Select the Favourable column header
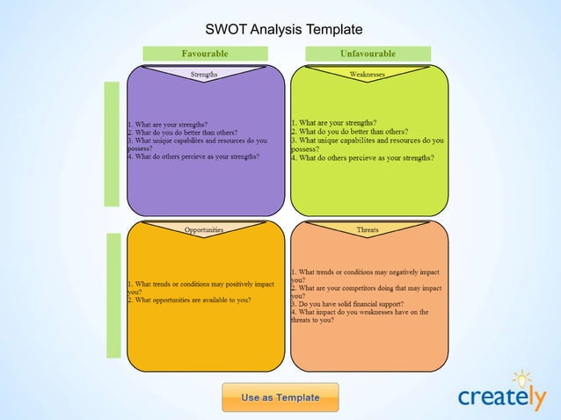(x=205, y=54)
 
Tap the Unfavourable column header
(x=368, y=54)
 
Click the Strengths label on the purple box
(x=205, y=75)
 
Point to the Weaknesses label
(x=368, y=75)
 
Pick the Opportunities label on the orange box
(x=204, y=229)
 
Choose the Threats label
(x=368, y=229)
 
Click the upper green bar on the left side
(x=112, y=144)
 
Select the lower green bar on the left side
(x=113, y=295)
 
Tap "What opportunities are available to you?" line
(x=190, y=300)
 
